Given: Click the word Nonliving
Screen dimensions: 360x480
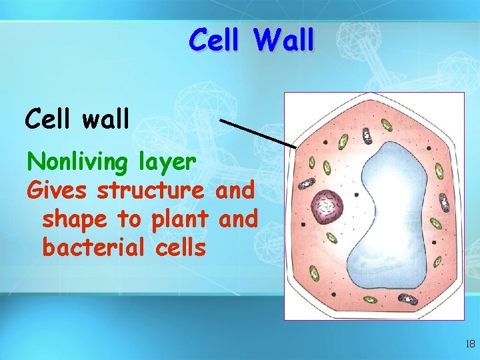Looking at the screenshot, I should [79, 161].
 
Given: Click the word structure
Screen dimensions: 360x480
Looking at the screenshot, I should [151, 191].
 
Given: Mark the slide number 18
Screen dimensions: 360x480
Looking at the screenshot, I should [469, 344].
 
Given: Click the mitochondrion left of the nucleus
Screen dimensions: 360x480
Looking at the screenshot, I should [306, 185].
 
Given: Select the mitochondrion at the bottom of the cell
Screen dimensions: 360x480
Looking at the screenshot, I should [407, 299].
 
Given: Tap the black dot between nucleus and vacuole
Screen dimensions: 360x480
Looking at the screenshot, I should [356, 195].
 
